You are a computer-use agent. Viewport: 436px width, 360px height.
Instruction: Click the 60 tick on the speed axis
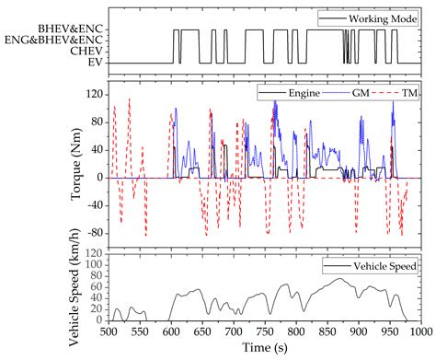coord(94,286)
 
